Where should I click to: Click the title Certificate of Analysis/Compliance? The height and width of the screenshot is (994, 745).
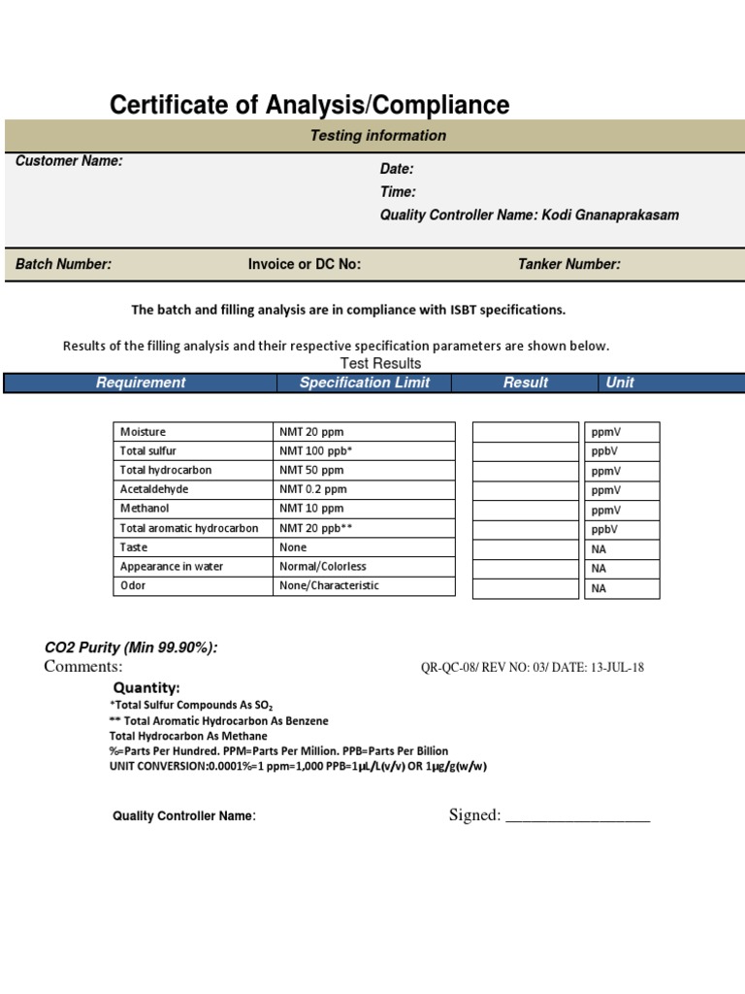click(x=309, y=105)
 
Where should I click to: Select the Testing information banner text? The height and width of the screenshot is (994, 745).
click(x=377, y=136)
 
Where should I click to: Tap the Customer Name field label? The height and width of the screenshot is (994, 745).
click(x=69, y=161)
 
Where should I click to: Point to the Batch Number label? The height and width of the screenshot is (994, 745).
click(x=63, y=264)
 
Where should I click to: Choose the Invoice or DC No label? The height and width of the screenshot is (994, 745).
click(x=305, y=264)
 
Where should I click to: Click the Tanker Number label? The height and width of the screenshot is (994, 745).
click(x=569, y=264)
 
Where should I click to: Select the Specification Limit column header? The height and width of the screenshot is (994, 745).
click(x=364, y=382)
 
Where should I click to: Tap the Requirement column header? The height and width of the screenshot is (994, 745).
click(x=141, y=382)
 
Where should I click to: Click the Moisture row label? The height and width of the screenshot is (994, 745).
click(x=143, y=432)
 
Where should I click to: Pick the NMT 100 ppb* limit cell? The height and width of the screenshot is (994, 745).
click(x=315, y=451)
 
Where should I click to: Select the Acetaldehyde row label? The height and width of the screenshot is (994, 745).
click(x=154, y=489)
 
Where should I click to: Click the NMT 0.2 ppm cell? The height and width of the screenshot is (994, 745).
click(x=311, y=489)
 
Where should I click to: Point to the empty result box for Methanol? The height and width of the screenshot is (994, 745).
click(x=525, y=510)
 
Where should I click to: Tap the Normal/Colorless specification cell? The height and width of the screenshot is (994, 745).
click(x=323, y=566)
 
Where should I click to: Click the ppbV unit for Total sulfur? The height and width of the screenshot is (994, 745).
click(x=604, y=451)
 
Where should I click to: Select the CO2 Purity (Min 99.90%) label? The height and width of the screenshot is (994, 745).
click(x=131, y=647)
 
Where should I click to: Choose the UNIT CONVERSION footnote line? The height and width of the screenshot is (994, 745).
click(x=297, y=767)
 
